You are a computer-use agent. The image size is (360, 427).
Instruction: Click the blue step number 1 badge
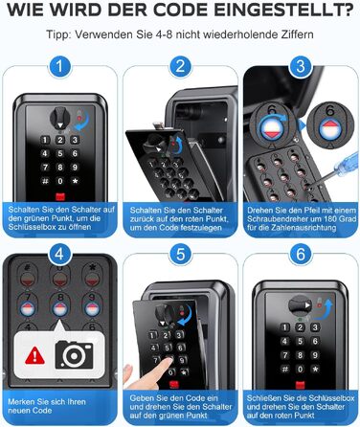click(x=59, y=67)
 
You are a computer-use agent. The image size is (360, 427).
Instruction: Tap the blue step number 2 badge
click(x=180, y=67)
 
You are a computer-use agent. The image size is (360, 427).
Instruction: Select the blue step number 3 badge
click(x=301, y=67)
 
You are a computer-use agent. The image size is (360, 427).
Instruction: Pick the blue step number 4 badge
click(x=59, y=255)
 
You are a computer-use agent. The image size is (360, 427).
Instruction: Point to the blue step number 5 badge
click(x=180, y=255)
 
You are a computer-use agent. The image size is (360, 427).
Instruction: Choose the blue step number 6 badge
click(x=301, y=255)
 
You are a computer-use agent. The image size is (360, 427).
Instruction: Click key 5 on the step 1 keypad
click(x=60, y=153)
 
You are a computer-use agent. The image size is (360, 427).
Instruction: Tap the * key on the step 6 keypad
click(x=315, y=370)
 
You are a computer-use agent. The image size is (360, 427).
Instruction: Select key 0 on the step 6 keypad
click(x=300, y=370)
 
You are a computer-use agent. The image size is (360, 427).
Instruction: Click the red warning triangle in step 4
click(x=34, y=355)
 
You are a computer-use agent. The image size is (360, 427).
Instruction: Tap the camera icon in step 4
click(x=75, y=355)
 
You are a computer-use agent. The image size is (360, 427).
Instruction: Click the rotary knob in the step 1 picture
click(x=59, y=118)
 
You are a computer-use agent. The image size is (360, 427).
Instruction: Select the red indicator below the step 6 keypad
click(x=301, y=385)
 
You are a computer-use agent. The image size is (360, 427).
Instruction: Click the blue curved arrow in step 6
click(x=324, y=309)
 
